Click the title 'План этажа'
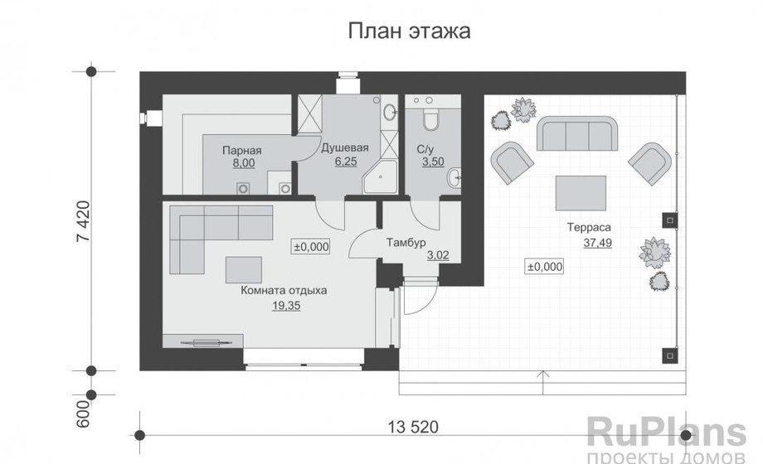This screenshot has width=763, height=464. click(x=409, y=32)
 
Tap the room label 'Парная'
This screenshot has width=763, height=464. click(x=242, y=151)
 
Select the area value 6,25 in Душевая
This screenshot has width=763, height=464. click(x=345, y=163)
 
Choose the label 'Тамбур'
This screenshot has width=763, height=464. click(x=406, y=243)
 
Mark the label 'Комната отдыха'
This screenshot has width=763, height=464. click(x=284, y=291)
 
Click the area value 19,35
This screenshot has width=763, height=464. click(x=284, y=306)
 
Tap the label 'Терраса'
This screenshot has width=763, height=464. click(x=590, y=227)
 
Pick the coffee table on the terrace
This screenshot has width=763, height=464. click(x=579, y=193)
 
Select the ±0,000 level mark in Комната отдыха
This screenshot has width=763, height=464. click(x=312, y=246)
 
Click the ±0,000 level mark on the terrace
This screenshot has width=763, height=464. click(x=544, y=267)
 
